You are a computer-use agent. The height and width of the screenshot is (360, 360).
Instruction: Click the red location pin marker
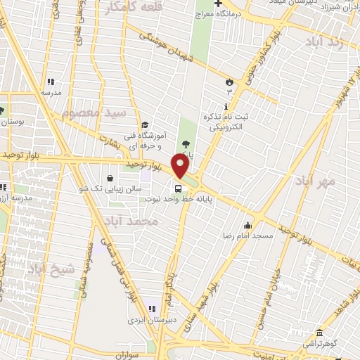point(181,166)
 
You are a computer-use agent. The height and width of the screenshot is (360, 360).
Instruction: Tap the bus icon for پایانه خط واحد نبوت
point(177,188)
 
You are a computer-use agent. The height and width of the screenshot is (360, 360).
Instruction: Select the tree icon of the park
point(186,145)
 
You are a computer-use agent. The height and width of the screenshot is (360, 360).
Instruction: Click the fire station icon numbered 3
point(229,82)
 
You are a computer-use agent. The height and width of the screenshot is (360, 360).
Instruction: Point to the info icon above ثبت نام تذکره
point(225,104)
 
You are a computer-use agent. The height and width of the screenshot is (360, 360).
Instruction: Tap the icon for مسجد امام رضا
point(247,225)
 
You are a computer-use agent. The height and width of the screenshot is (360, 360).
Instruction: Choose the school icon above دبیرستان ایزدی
point(151,309)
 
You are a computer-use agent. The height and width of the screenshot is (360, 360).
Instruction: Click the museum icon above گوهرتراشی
point(319,333)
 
